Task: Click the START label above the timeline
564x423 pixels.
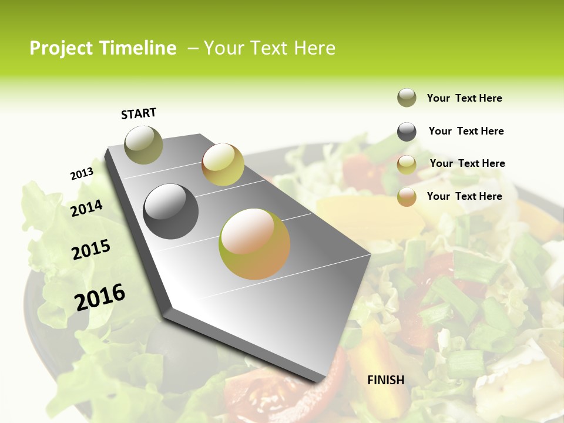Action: click(x=139, y=113)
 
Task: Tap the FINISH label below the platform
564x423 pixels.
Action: click(x=386, y=380)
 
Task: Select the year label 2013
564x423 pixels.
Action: click(x=82, y=174)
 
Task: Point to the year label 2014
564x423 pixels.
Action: click(x=86, y=209)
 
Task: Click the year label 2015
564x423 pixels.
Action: click(x=91, y=250)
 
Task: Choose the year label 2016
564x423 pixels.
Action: click(x=100, y=297)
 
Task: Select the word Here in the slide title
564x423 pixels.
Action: click(x=314, y=48)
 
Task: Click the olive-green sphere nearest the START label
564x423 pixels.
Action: click(x=143, y=145)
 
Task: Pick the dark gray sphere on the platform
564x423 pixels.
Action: click(x=171, y=211)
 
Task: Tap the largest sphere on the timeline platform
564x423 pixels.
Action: click(x=254, y=244)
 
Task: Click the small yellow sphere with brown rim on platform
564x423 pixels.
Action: click(x=223, y=164)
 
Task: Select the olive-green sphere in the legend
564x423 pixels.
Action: click(x=407, y=98)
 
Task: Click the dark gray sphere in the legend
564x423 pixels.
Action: click(x=407, y=132)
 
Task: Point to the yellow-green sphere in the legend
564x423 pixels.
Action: click(x=407, y=164)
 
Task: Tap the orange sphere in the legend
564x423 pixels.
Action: click(x=407, y=197)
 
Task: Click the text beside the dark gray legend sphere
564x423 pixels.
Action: click(x=466, y=131)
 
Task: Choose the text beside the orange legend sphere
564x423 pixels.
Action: click(x=464, y=196)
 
